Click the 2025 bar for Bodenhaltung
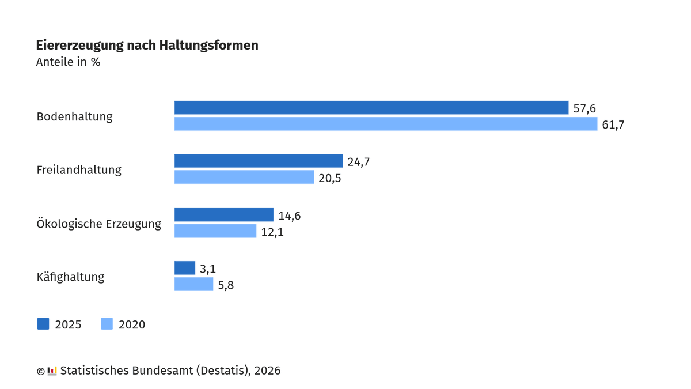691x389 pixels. [x=371, y=108]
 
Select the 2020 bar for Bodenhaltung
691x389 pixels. [x=386, y=124]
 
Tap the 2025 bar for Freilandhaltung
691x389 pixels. [x=259, y=161]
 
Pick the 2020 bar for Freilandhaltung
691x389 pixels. [x=244, y=177]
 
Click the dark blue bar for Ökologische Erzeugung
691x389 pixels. [x=224, y=215]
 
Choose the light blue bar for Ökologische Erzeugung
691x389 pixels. [x=215, y=231]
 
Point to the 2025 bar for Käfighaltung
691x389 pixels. [x=185, y=268]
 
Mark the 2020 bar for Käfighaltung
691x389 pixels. [x=194, y=284]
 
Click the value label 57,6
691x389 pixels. [x=584, y=108]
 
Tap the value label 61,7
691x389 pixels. [x=613, y=124]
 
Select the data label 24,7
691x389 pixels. [x=358, y=162]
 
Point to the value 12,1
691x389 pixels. [x=272, y=232]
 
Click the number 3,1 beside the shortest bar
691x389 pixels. [x=208, y=269]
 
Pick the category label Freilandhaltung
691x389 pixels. [x=79, y=170]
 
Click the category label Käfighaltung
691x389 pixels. [x=70, y=277]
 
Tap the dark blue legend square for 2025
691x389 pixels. [x=43, y=324]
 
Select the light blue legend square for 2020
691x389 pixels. [x=107, y=324]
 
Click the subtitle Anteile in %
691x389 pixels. [x=68, y=62]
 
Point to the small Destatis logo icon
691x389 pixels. [x=52, y=371]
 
